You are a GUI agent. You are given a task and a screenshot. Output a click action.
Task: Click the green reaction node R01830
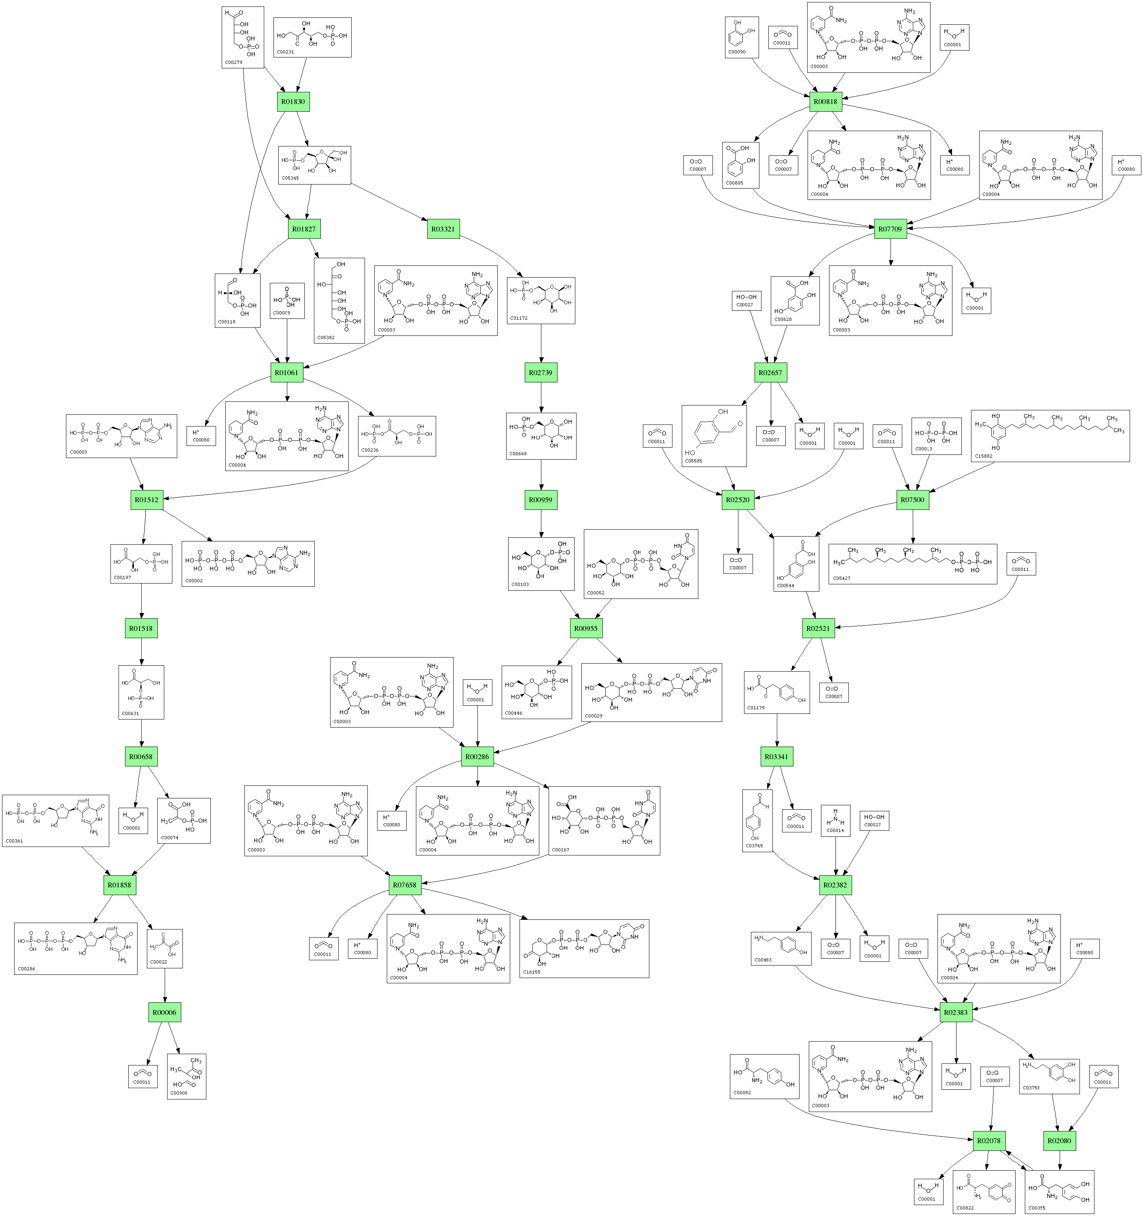tap(293, 102)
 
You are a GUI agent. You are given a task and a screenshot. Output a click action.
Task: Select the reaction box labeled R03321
tap(443, 229)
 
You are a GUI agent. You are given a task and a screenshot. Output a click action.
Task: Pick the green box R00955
tap(585, 628)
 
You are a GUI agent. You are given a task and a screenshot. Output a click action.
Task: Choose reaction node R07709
tap(890, 229)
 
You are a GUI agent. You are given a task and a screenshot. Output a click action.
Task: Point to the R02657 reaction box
tap(770, 373)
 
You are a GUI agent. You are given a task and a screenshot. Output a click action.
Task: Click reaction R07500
tap(912, 500)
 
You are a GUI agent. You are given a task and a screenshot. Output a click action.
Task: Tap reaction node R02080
tap(1059, 1140)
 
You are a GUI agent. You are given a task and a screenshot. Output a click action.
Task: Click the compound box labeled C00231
tap(312, 37)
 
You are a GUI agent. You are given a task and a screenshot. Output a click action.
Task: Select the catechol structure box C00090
tap(741, 37)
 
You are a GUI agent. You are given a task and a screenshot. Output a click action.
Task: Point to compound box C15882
tap(1050, 435)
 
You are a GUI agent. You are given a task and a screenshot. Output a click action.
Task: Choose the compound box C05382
tap(339, 300)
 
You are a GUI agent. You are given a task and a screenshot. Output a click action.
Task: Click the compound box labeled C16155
tap(583, 948)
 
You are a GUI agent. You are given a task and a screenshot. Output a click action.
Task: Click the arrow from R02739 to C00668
tap(541, 398)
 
